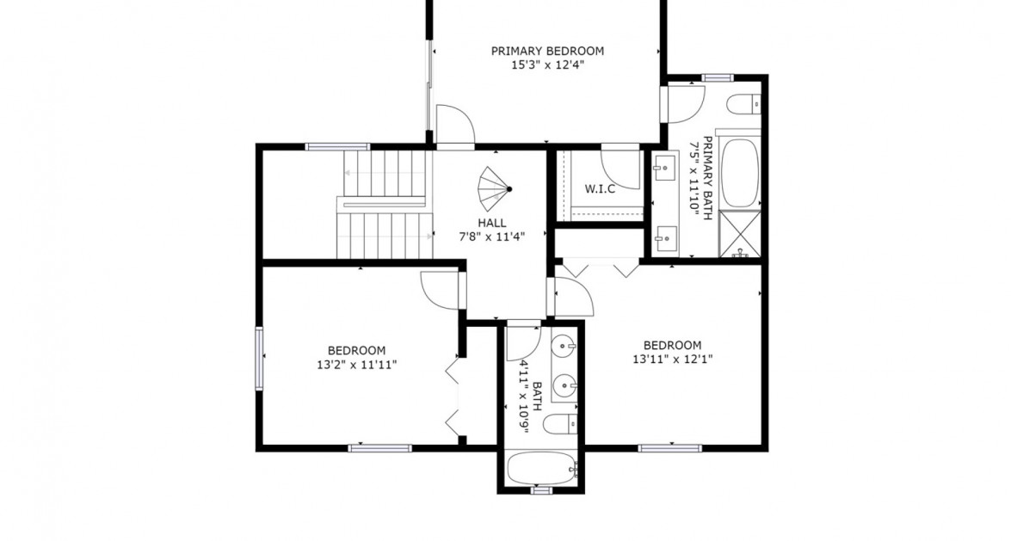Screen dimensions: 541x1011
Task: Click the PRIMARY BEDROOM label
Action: [547, 51]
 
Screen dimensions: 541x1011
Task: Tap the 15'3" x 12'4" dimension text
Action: [547, 65]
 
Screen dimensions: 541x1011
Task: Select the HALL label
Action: [491, 223]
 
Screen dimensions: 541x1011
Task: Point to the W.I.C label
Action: [600, 189]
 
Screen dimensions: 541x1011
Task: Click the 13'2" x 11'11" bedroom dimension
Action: [356, 365]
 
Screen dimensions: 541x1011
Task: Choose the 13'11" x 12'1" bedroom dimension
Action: [672, 360]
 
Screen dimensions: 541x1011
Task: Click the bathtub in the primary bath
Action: [739, 171]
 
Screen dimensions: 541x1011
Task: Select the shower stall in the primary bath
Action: [739, 234]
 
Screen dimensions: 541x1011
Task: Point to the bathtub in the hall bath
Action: [541, 469]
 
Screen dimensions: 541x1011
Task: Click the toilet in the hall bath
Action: [563, 424]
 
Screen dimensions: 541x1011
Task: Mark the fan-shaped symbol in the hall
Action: [494, 188]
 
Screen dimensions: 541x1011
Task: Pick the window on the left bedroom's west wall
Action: [257, 358]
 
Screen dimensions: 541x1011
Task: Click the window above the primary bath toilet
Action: [717, 78]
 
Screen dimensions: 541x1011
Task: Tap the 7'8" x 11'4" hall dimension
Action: [491, 236]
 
